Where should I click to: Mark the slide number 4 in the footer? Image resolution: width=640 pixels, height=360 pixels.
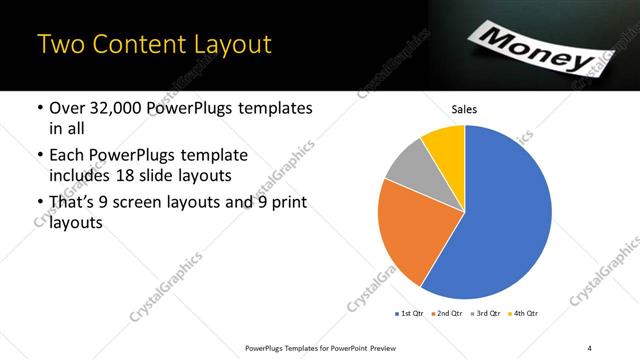pyautogui.click(x=590, y=347)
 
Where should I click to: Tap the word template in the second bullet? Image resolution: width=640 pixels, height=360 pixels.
pyautogui.click(x=211, y=156)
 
